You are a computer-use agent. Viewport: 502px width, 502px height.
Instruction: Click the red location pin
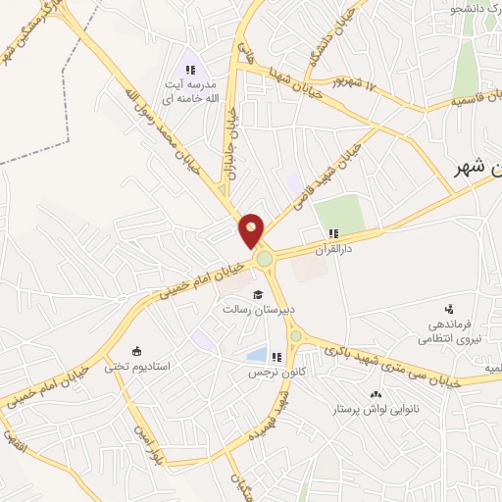pos(252,229)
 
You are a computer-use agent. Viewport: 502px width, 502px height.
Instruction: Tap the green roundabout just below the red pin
pos(264,259)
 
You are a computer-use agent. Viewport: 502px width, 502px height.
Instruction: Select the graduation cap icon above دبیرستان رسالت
pos(258,294)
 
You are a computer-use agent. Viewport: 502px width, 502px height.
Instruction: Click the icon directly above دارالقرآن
pos(333,233)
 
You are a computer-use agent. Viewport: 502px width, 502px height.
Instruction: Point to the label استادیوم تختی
pos(165,366)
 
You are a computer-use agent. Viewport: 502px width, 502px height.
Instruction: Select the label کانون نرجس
pos(271,374)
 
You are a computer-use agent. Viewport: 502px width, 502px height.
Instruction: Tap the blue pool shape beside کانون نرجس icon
pos(257,356)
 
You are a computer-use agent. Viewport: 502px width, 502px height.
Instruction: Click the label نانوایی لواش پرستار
pos(377,408)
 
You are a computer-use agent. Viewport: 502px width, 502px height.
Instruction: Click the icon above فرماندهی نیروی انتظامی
pos(450,308)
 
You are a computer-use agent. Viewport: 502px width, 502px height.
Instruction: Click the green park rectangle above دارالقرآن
pos(338,215)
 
